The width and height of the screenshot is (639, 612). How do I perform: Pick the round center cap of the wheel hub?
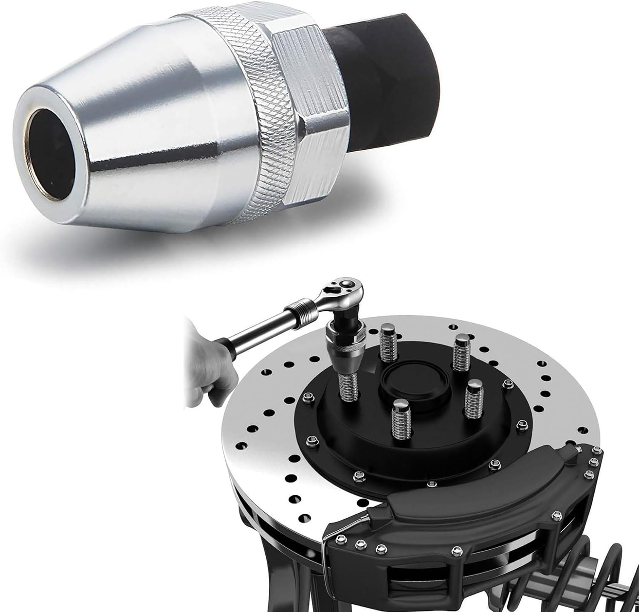[409, 375]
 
